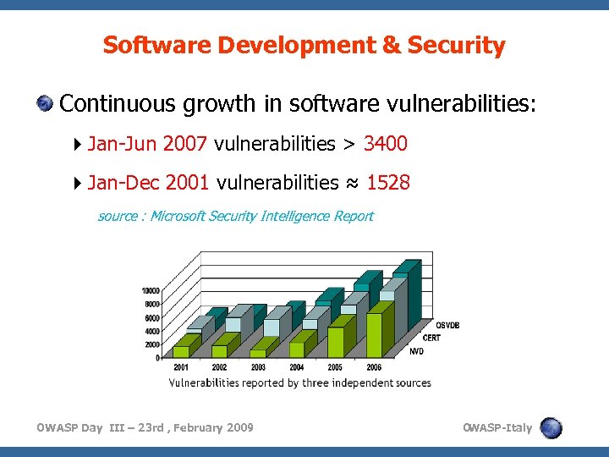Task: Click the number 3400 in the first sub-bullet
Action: (x=386, y=144)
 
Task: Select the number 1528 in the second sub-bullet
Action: (x=388, y=182)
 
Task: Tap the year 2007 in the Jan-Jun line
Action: (x=185, y=144)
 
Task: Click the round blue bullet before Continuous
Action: (x=45, y=104)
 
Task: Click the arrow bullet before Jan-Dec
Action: (x=78, y=182)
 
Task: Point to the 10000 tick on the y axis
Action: (x=150, y=290)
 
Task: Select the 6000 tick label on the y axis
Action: (x=151, y=317)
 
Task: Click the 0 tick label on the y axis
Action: (x=158, y=358)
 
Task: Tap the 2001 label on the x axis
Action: (x=181, y=367)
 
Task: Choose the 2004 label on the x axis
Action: (x=297, y=367)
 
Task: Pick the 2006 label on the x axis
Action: (x=373, y=367)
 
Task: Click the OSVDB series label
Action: (x=447, y=325)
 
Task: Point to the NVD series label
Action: (x=417, y=351)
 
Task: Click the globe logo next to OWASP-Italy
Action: (x=551, y=428)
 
